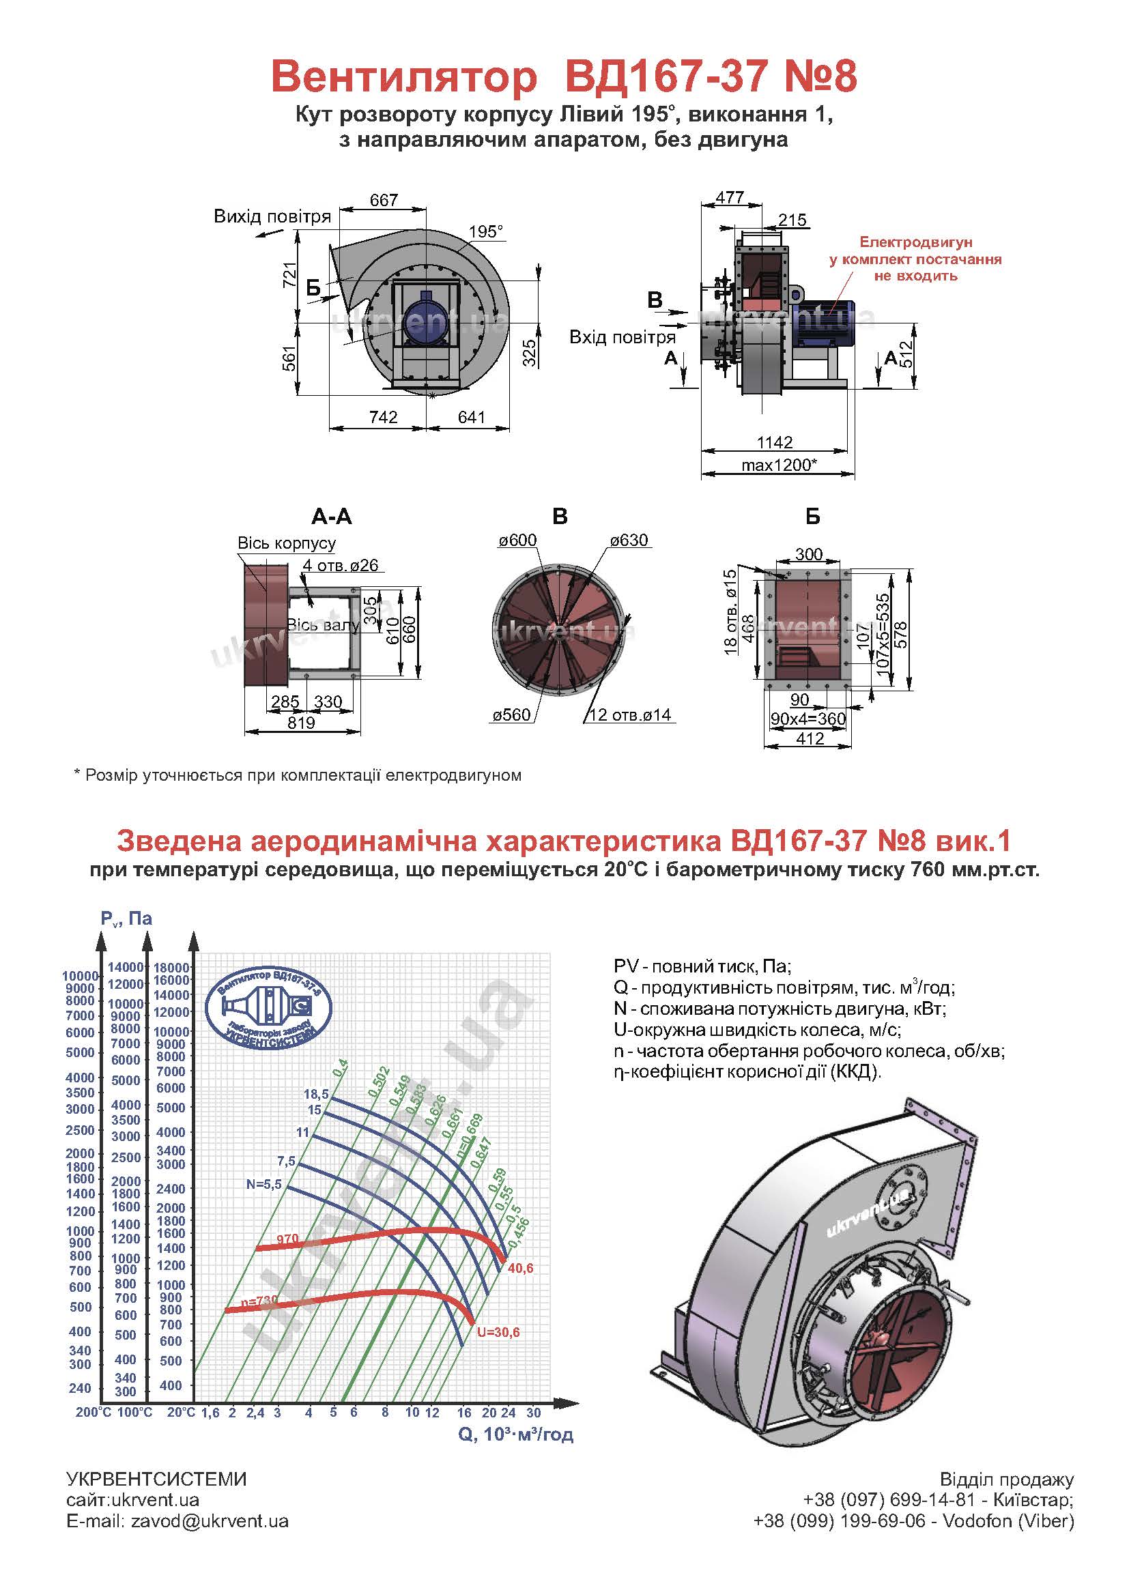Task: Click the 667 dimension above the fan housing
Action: tap(384, 200)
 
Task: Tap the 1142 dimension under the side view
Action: tap(775, 443)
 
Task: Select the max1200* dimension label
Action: tap(778, 465)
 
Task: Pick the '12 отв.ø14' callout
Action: tap(630, 714)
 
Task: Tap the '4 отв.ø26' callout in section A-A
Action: tap(341, 565)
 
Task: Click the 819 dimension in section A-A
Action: tap(301, 722)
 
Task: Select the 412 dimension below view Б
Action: tap(810, 738)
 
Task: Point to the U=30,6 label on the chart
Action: tap(498, 1332)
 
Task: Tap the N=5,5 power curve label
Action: tap(263, 1184)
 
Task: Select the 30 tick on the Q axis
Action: tap(533, 1412)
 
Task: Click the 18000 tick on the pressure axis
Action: tap(171, 967)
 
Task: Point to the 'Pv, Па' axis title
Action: tap(126, 919)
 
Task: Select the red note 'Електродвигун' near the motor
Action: tap(915, 242)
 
